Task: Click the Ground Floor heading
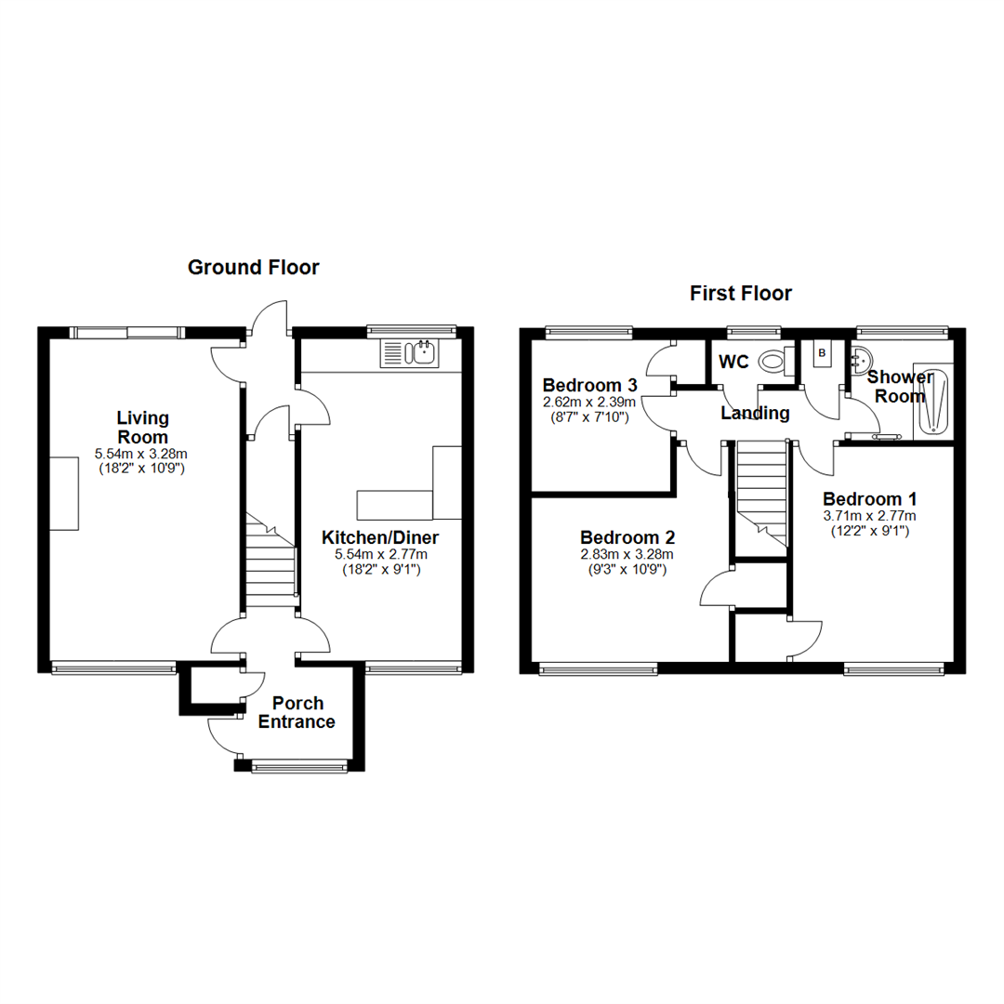(253, 268)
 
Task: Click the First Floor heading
(740, 294)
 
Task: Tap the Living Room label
(142, 428)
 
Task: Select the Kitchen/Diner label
(379, 537)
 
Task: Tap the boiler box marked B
(822, 353)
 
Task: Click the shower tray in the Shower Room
(933, 401)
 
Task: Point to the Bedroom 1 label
(869, 499)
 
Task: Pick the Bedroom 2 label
(627, 537)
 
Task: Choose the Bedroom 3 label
(589, 385)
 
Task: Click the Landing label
(756, 414)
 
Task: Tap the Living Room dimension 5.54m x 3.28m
(142, 454)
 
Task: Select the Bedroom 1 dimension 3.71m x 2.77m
(869, 516)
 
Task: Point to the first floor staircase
(761, 493)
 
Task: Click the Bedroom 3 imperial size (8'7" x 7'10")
(589, 417)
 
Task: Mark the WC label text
(734, 361)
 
